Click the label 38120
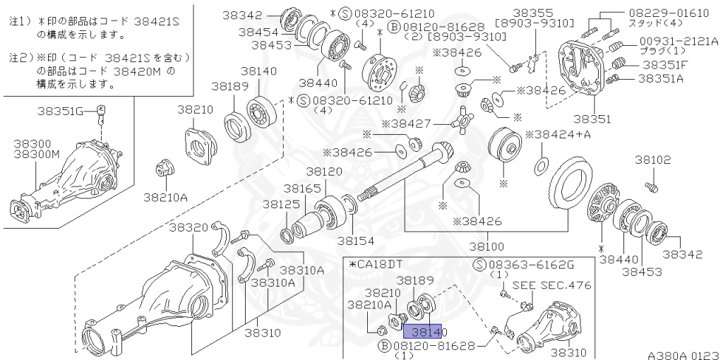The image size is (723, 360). [324, 172]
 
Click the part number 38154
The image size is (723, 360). [355, 240]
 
